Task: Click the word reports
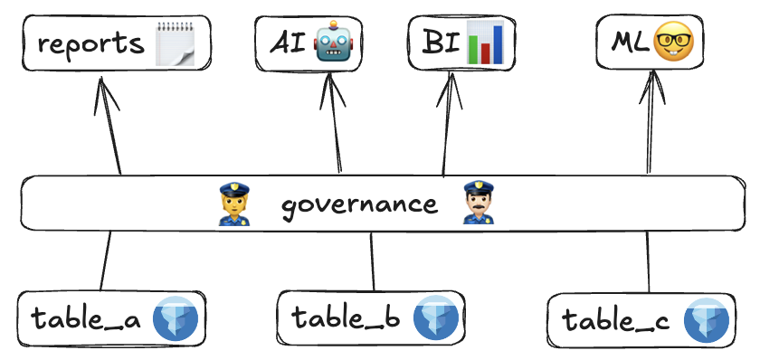tap(91, 44)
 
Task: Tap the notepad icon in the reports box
tap(175, 43)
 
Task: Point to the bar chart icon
tap(485, 43)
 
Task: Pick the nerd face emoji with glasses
tap(673, 41)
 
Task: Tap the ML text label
tap(630, 43)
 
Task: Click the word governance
tap(360, 205)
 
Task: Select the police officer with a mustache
tap(479, 202)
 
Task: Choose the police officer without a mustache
tap(234, 204)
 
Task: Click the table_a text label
tap(86, 318)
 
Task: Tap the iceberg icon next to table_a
tap(176, 317)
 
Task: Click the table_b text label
tap(346, 317)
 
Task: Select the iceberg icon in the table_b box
tap(436, 317)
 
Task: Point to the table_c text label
tap(615, 320)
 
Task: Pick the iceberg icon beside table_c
tap(707, 321)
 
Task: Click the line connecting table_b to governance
tap(372, 261)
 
